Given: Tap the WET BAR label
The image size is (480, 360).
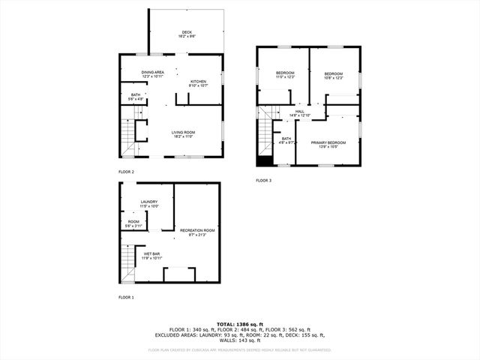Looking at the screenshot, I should pyautogui.click(x=152, y=256).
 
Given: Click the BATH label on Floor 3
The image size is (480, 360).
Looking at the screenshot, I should pyautogui.click(x=286, y=139).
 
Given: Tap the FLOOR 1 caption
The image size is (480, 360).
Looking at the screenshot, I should pyautogui.click(x=126, y=298).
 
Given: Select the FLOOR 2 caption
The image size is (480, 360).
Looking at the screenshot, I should pyautogui.click(x=126, y=172).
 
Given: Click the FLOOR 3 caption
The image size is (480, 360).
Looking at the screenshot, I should pyautogui.click(x=263, y=181).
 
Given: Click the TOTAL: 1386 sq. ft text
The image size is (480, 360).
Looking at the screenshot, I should pyautogui.click(x=239, y=322).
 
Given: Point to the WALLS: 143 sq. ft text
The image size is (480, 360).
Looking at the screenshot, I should pyautogui.click(x=239, y=340).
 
